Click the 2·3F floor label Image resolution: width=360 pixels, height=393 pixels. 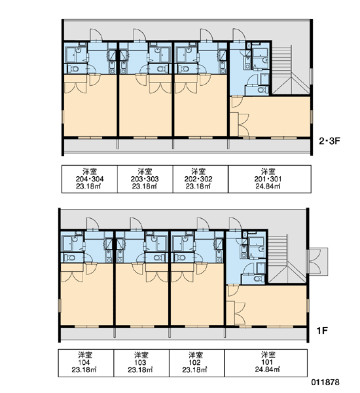tap(329, 141)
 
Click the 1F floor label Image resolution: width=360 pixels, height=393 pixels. tap(322, 331)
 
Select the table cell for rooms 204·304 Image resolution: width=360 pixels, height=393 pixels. tap(90, 179)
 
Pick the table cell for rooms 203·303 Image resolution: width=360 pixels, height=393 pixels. tap(145, 179)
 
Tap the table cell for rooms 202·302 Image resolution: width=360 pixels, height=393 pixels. tap(200, 179)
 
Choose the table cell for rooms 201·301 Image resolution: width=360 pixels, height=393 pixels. tap(270, 179)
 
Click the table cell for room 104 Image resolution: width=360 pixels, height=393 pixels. tap(86, 363)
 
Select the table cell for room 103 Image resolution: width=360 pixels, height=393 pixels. tap(141, 363)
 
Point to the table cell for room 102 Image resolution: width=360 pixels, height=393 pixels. tap(197, 363)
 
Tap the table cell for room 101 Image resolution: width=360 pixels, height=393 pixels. tap(266, 363)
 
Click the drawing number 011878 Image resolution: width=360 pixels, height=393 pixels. tap(325, 383)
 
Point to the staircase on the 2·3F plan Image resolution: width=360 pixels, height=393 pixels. tap(291, 69)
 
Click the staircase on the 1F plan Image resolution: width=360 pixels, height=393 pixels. tap(287, 259)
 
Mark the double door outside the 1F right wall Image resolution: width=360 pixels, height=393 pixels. tap(317, 261)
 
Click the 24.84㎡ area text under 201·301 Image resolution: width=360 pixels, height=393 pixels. tap(268, 186)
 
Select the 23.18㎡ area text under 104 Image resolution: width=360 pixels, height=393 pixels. tap(84, 369)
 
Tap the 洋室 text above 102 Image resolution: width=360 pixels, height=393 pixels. tap(194, 355)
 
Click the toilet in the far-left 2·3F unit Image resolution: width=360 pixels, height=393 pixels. tap(73, 68)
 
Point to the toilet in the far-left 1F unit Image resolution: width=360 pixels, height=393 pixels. tap(69, 257)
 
